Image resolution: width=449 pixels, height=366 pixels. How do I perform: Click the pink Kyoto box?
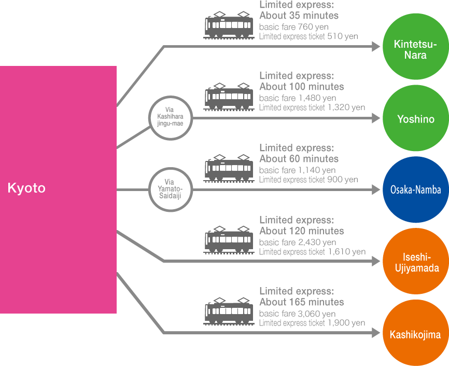pyautogui.click(x=58, y=189)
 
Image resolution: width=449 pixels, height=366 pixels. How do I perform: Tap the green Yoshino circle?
pyautogui.click(x=415, y=119)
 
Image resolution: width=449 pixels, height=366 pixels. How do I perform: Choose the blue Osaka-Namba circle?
pyautogui.click(x=415, y=190)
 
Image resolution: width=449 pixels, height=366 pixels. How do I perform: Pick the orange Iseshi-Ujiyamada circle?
pyautogui.click(x=415, y=263)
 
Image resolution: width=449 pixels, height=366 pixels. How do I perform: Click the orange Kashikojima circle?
pyautogui.click(x=415, y=334)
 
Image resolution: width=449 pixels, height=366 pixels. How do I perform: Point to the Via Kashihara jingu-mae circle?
pyautogui.click(x=170, y=118)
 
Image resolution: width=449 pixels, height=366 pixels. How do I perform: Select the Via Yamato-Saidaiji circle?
pyautogui.click(x=170, y=190)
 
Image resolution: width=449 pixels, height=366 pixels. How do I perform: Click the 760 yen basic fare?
pyautogui.click(x=313, y=26)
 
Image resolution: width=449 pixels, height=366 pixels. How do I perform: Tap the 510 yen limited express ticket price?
pyautogui.click(x=342, y=36)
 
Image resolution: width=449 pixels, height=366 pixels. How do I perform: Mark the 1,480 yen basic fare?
pyautogui.click(x=317, y=98)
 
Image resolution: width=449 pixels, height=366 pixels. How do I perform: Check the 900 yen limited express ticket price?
pyautogui.click(x=342, y=180)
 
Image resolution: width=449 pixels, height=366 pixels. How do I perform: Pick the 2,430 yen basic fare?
pyautogui.click(x=317, y=242)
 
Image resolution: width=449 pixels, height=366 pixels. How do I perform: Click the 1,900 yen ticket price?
pyautogui.click(x=346, y=323)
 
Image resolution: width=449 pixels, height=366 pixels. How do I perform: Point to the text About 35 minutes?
pyautogui.click(x=299, y=16)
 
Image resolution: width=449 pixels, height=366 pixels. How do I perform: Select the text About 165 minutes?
pyautogui.click(x=302, y=302)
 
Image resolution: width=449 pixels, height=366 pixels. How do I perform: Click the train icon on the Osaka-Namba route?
pyautogui.click(x=229, y=168)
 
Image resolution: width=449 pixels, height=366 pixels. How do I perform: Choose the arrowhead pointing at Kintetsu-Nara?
pyautogui.click(x=376, y=46)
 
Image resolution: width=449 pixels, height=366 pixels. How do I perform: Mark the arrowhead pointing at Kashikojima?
pyautogui.click(x=376, y=333)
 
